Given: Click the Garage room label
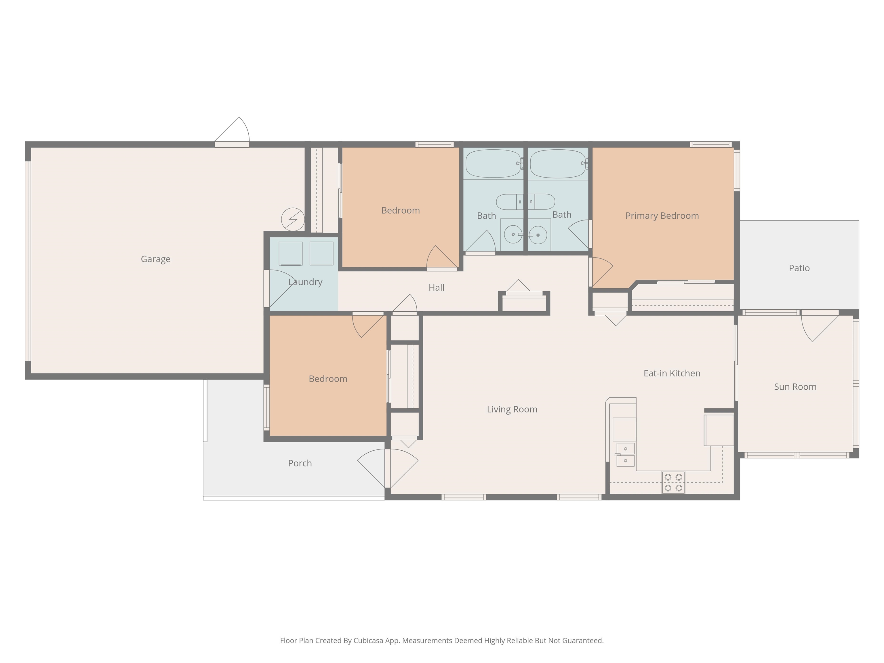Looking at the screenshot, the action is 155,259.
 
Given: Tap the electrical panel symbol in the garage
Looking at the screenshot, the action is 293,219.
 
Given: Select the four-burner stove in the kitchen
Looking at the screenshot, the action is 673,482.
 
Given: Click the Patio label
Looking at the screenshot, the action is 799,268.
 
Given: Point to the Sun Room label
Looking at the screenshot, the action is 795,387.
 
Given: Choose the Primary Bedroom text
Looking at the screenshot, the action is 662,216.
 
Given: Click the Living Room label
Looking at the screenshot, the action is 512,409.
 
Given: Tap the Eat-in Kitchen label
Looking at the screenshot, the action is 672,373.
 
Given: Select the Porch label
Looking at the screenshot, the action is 300,463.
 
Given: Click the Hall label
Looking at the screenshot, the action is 437,287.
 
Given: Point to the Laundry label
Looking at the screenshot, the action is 305,282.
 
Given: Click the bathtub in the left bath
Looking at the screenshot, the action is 494,163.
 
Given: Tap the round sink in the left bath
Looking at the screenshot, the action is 513,234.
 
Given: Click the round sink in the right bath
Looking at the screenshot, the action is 538,235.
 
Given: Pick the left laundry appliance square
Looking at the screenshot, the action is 291,253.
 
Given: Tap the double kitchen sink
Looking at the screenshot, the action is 625,454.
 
